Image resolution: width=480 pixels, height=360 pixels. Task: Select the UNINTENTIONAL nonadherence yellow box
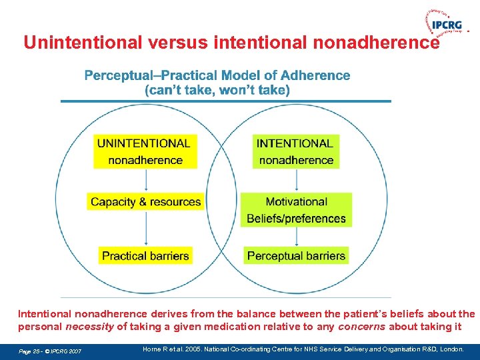tap(144, 151)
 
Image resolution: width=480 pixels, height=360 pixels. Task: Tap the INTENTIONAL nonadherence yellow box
tap(295, 151)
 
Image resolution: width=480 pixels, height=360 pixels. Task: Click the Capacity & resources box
tap(145, 202)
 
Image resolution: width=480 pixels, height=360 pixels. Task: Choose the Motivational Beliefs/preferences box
tap(296, 210)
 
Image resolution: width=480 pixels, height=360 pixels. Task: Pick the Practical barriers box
tap(145, 255)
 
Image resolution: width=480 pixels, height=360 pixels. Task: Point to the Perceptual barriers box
tap(296, 255)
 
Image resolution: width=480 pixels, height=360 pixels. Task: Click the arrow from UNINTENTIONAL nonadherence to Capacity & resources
tap(146, 180)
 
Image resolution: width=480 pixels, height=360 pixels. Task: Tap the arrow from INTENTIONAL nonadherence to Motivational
tap(296, 180)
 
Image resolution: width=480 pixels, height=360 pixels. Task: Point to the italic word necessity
tap(90, 327)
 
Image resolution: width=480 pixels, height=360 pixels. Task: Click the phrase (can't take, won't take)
tap(217, 90)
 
